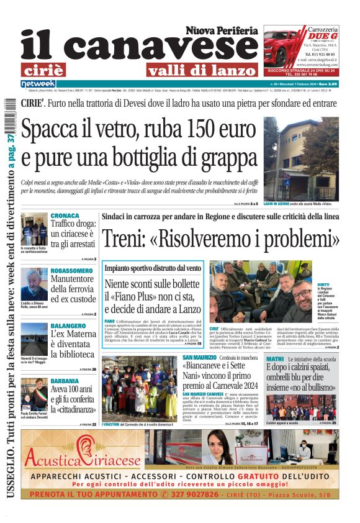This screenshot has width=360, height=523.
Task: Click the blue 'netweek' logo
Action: coord(38,83)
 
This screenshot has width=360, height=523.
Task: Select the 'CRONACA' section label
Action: coord(65,216)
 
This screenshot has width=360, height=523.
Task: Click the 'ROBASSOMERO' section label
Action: coord(71,271)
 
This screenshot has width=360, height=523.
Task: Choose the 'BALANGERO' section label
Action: coord(68,325)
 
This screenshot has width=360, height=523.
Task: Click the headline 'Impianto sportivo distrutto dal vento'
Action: coord(153,268)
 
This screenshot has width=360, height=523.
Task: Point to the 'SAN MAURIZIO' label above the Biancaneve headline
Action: coord(199,359)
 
